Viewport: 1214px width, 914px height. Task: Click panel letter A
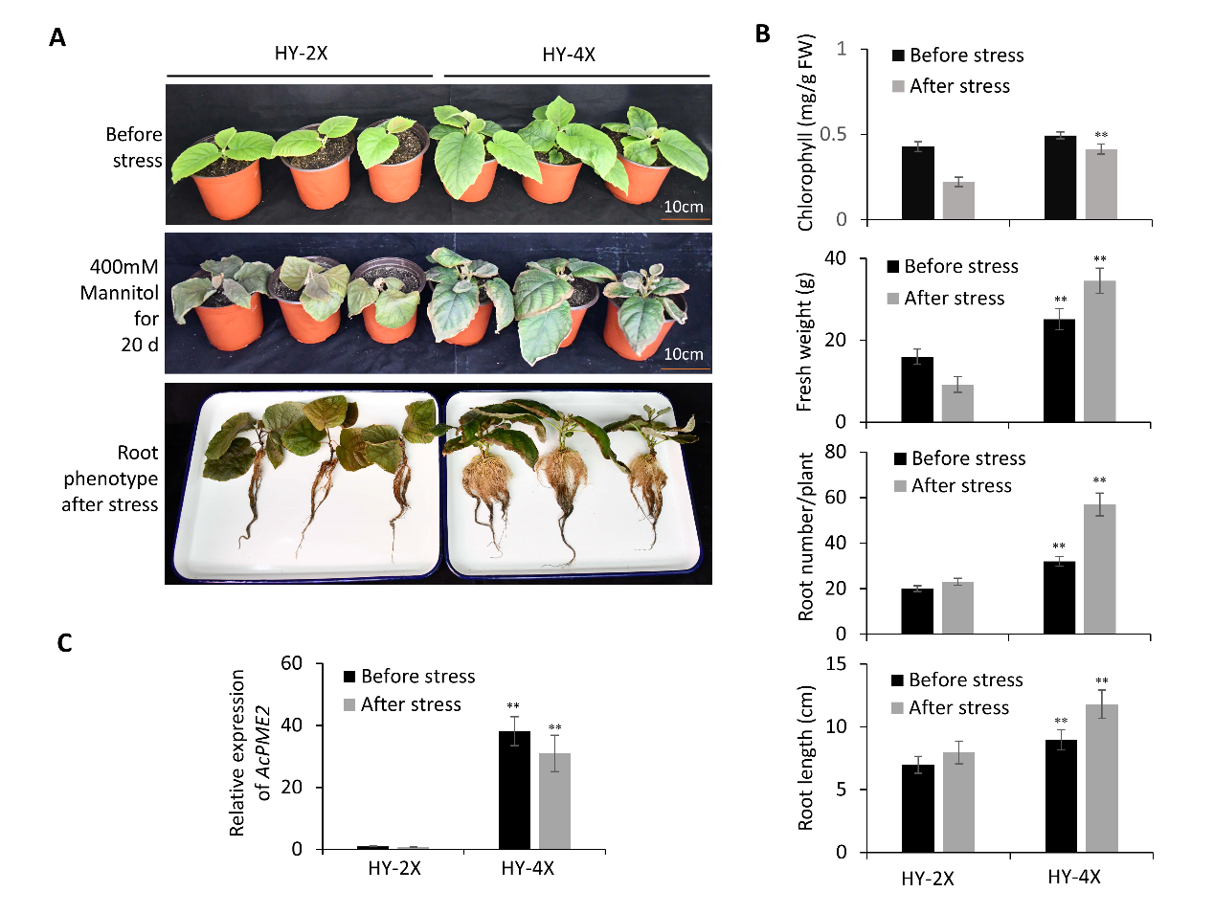click(x=57, y=38)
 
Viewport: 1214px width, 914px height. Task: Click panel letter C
click(x=64, y=642)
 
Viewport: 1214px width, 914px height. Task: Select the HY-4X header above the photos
click(x=569, y=55)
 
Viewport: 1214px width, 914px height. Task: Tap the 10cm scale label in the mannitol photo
click(x=683, y=354)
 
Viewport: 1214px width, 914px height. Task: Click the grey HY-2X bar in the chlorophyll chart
click(x=958, y=200)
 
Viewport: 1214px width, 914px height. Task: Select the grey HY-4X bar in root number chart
click(x=1099, y=568)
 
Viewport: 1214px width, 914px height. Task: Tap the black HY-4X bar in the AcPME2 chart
click(x=514, y=790)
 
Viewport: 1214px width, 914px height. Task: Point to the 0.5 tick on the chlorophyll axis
click(x=834, y=134)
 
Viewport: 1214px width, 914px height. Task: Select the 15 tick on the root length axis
click(x=836, y=664)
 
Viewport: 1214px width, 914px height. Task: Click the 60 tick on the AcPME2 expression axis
click(x=291, y=663)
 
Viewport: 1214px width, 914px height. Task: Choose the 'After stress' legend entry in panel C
click(x=410, y=704)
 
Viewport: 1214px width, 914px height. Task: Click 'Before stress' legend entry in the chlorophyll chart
click(x=966, y=56)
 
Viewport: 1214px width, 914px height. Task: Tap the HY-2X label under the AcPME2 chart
click(x=394, y=869)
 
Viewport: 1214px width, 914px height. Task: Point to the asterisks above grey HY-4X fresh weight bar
click(x=1100, y=259)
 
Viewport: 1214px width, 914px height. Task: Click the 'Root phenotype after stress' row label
click(x=110, y=478)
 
